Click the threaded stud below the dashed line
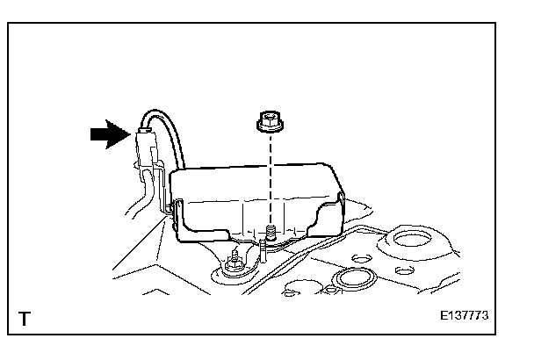(271, 233)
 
